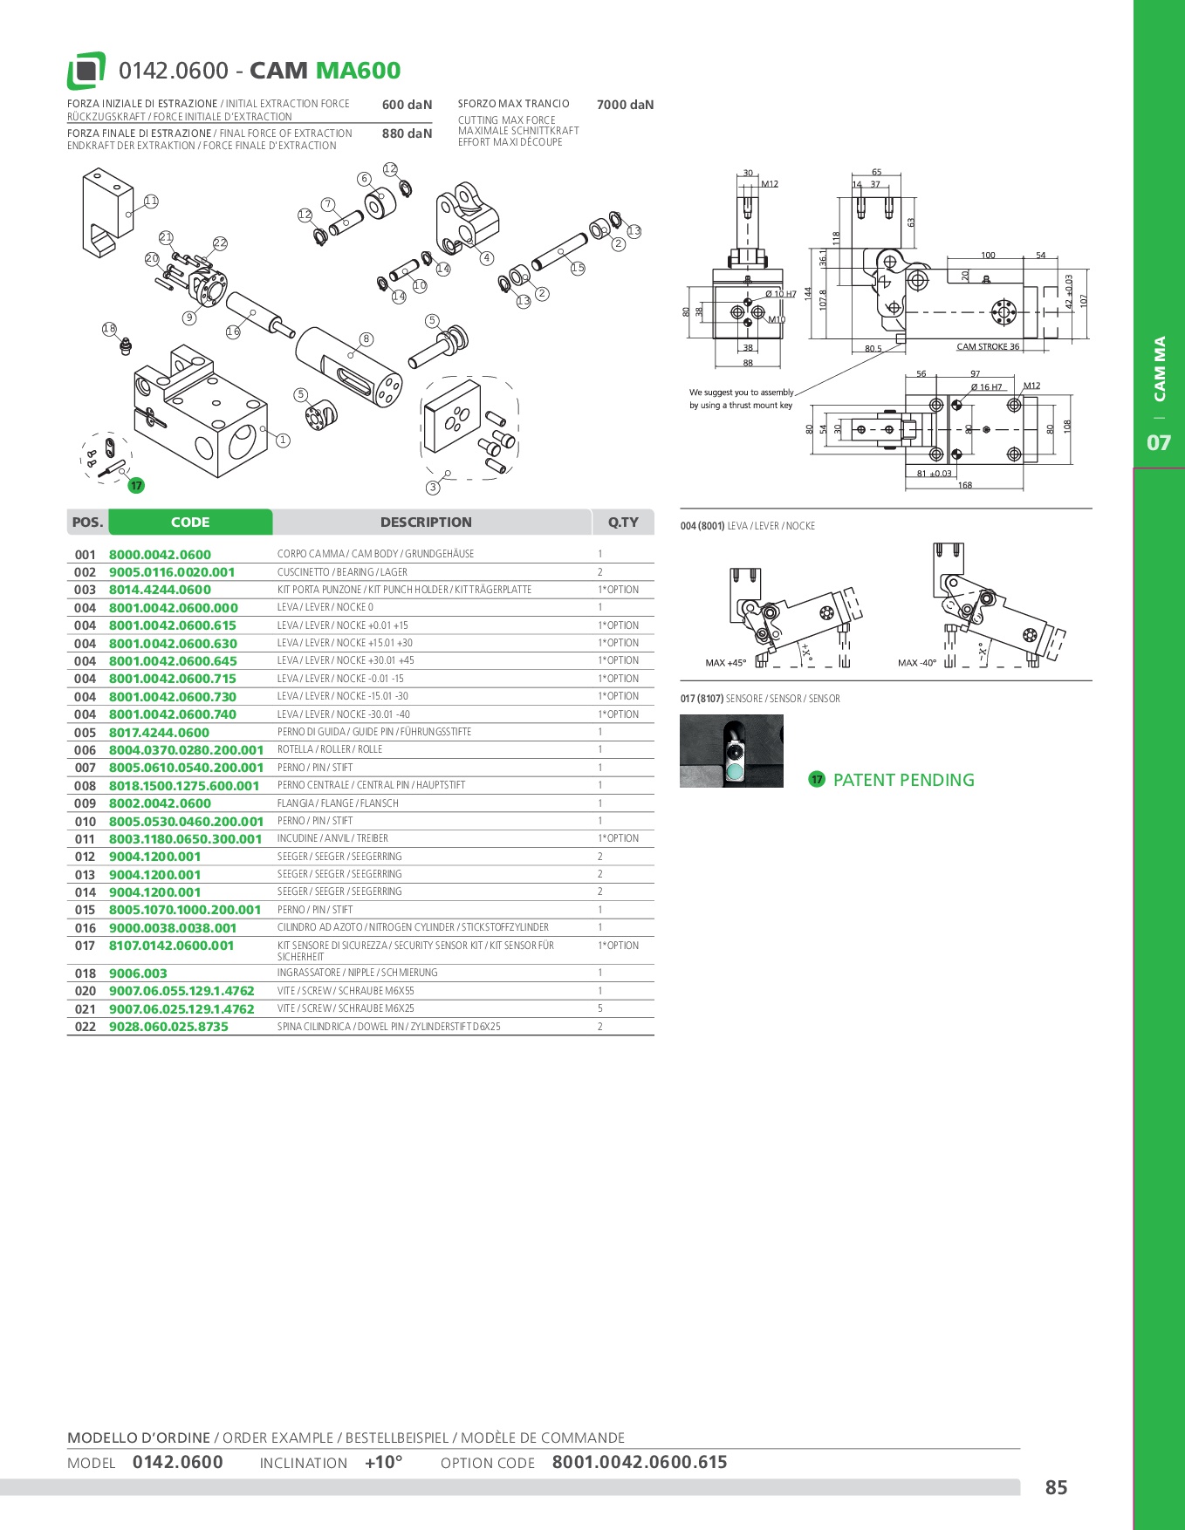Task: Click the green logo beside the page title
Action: tap(86, 71)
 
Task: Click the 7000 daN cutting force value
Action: tap(625, 105)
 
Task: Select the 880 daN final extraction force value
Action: tap(407, 133)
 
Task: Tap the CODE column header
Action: tap(190, 523)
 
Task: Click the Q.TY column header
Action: tap(623, 523)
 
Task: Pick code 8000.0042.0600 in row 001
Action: tap(160, 555)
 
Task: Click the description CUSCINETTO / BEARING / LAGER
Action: tap(342, 572)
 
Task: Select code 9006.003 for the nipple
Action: tap(138, 973)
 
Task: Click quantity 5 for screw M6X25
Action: tap(600, 1008)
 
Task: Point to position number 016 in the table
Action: tap(85, 928)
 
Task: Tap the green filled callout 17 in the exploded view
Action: tap(136, 486)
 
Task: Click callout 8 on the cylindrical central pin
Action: tap(366, 339)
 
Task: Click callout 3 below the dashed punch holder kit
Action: tap(433, 488)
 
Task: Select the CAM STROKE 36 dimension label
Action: tap(988, 347)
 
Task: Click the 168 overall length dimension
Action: tap(964, 485)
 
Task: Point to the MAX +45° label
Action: tap(725, 663)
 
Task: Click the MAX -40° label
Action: tap(917, 663)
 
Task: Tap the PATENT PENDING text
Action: tap(903, 780)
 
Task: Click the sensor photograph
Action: tap(731, 751)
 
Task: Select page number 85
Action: tap(1056, 1487)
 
